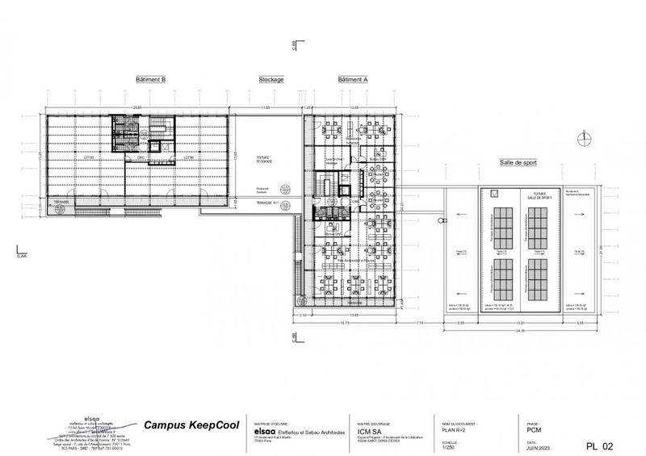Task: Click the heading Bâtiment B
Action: coord(151,81)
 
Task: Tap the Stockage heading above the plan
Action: coord(271,81)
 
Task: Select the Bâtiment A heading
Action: coord(352,81)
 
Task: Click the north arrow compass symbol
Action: coord(581,138)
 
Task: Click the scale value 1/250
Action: coord(450,443)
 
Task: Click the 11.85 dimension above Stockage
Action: coord(265,107)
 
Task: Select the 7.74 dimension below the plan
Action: coord(421,323)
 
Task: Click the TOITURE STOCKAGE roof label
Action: coord(265,161)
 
